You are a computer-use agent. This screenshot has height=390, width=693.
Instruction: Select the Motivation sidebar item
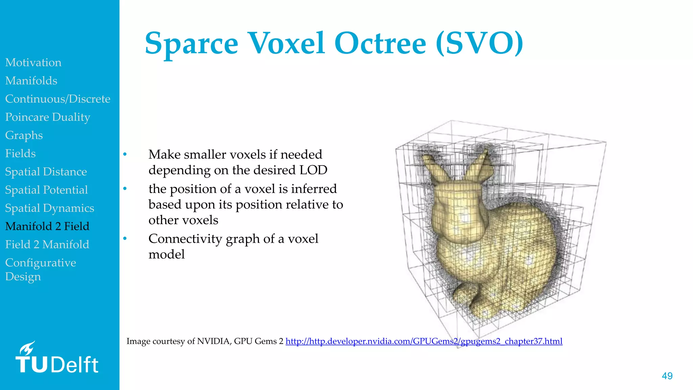tap(33, 62)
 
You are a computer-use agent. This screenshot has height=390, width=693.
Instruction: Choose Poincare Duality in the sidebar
tap(48, 117)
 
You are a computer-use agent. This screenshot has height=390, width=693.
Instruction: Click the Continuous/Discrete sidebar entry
tap(58, 99)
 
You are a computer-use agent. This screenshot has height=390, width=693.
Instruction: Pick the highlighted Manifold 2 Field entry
tap(47, 226)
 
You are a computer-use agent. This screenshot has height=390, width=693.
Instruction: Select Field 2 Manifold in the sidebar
tap(47, 244)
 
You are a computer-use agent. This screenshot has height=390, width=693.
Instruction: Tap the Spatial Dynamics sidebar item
tap(49, 208)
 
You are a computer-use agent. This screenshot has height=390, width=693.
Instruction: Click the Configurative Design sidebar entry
tap(40, 269)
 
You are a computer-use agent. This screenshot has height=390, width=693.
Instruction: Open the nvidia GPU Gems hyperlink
tap(424, 341)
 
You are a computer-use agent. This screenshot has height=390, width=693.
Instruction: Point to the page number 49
tap(667, 376)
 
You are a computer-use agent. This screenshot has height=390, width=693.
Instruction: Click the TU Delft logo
tap(57, 364)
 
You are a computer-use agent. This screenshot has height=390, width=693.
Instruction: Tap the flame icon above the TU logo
tap(27, 348)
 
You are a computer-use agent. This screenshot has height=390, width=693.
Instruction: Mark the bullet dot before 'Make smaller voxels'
tap(125, 154)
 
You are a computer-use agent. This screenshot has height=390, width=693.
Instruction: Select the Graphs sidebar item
tap(24, 135)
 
